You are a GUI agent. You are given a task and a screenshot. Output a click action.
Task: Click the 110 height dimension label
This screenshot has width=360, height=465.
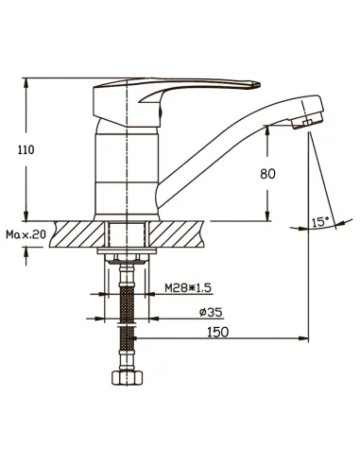pyautogui.click(x=26, y=150)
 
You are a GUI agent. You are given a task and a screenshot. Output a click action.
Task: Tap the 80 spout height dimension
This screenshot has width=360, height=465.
pyautogui.click(x=267, y=174)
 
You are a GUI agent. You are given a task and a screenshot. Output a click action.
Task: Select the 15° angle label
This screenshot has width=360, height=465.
pyautogui.click(x=320, y=222)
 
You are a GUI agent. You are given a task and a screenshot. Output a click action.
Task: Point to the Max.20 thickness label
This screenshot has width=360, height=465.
pyautogui.click(x=26, y=234)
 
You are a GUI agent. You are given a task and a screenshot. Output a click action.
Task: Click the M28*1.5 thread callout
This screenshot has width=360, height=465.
pyautogui.click(x=188, y=287)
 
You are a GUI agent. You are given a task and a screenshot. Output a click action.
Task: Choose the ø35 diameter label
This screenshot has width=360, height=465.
pyautogui.click(x=211, y=312)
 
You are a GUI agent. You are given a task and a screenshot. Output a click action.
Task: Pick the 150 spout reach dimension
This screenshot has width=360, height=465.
pyautogui.click(x=217, y=332)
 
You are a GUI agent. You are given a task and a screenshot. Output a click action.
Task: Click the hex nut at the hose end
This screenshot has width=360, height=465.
pyautogui.click(x=128, y=377)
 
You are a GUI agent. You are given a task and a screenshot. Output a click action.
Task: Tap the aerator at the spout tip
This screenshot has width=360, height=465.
pyautogui.click(x=308, y=122)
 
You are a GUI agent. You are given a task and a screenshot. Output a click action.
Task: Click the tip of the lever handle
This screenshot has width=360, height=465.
pyautogui.click(x=260, y=84)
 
